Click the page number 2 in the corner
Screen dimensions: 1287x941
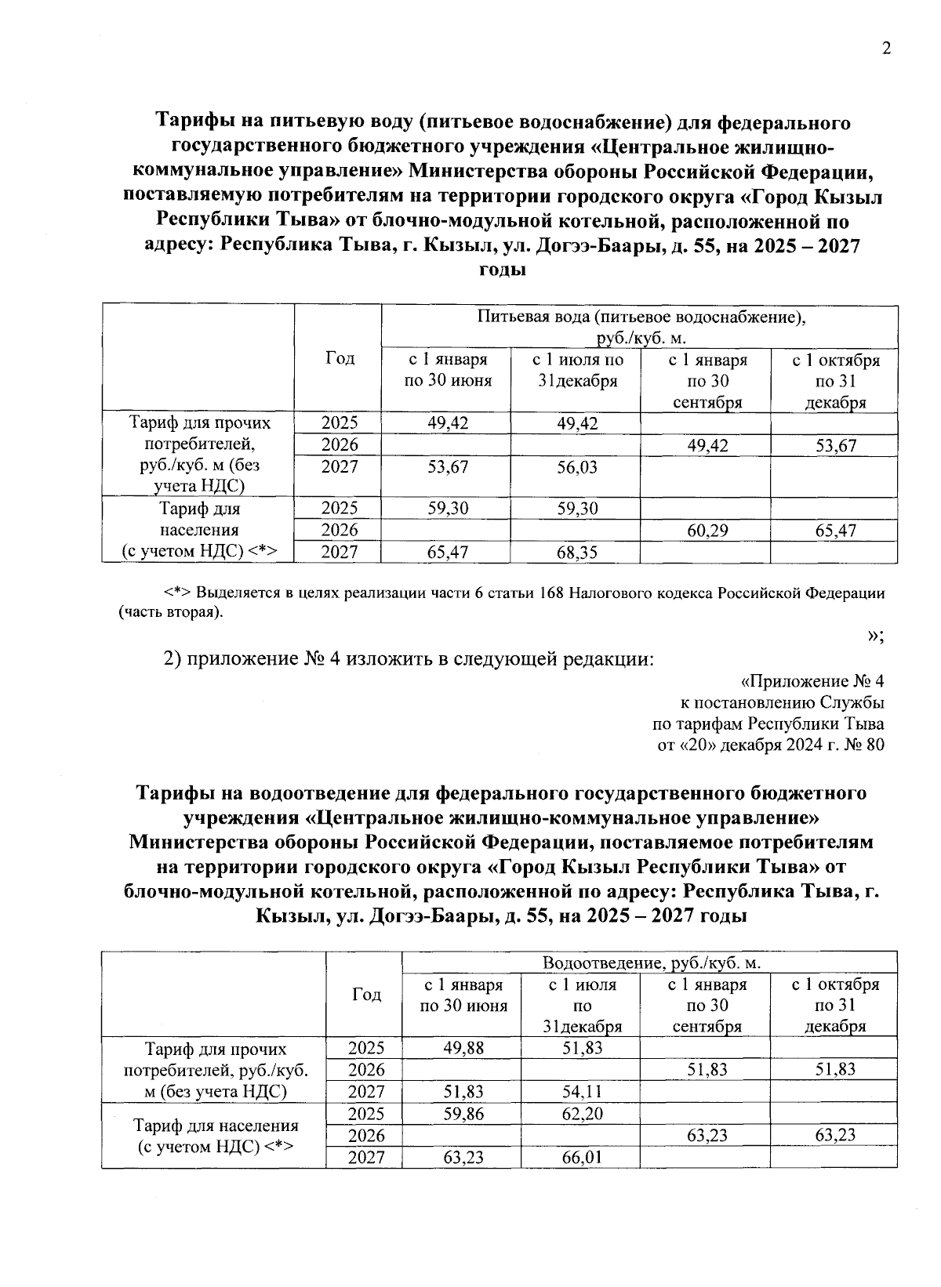(886, 49)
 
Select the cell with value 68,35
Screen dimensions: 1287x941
(576, 553)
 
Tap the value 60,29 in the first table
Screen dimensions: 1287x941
(707, 531)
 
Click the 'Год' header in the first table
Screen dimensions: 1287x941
(340, 358)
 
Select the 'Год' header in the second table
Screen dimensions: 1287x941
(365, 994)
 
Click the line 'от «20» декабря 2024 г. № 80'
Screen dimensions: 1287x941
(770, 745)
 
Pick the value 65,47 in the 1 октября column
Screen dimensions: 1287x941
(835, 531)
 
